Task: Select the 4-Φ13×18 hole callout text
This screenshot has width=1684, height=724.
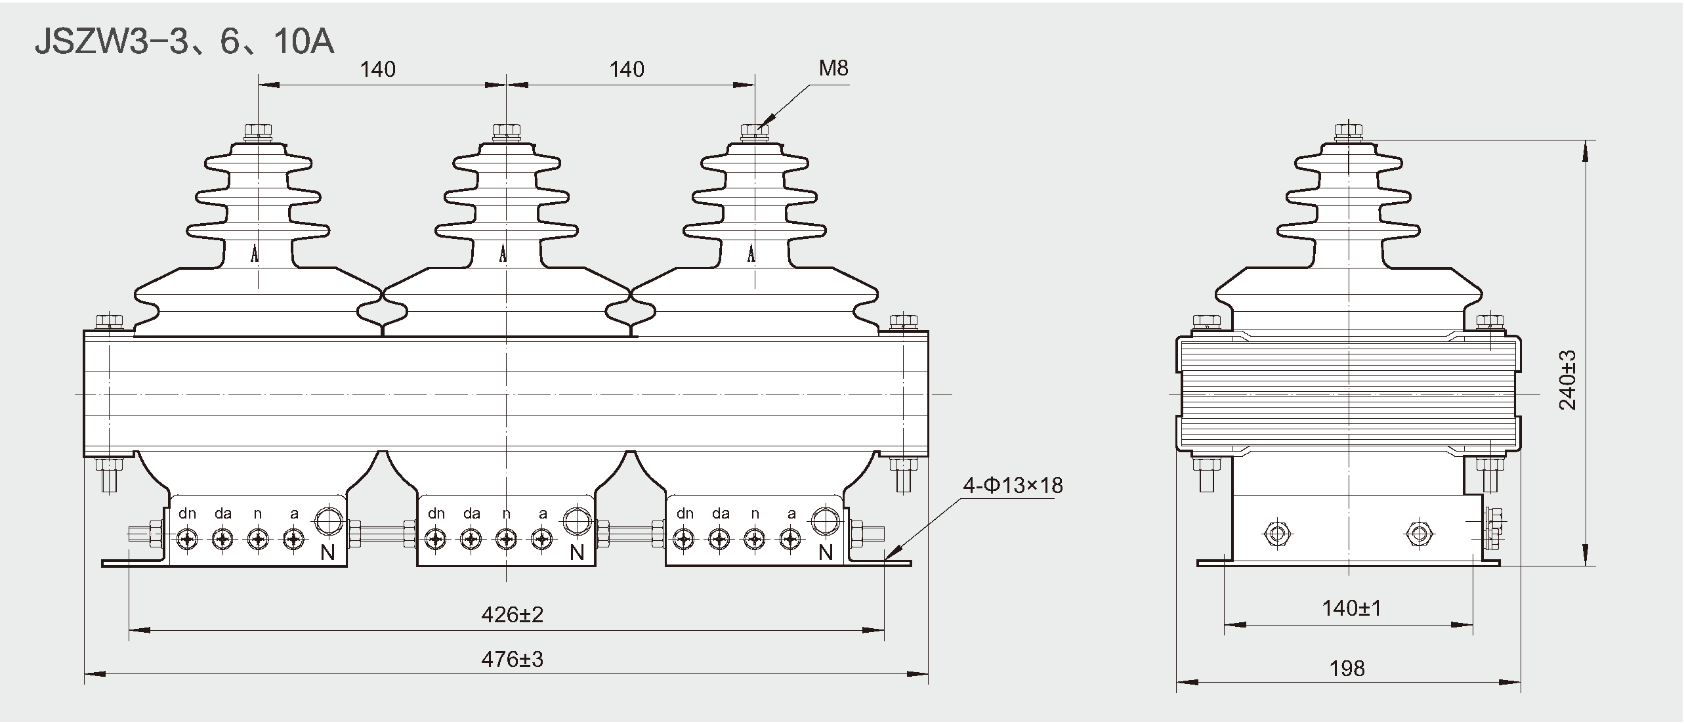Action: pyautogui.click(x=1013, y=485)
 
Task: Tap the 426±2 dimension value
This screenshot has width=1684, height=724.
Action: pyautogui.click(x=512, y=614)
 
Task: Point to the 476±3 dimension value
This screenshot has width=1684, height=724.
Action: pyautogui.click(x=512, y=659)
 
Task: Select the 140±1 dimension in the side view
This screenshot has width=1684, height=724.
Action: pyautogui.click(x=1351, y=608)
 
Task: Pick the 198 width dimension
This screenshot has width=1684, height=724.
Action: pyautogui.click(x=1347, y=669)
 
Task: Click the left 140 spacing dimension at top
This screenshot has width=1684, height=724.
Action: pyautogui.click(x=377, y=69)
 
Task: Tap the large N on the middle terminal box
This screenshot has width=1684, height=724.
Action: pyautogui.click(x=577, y=553)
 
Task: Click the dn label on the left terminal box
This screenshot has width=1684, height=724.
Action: pyautogui.click(x=187, y=513)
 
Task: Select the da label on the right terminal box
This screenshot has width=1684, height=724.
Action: pyautogui.click(x=721, y=513)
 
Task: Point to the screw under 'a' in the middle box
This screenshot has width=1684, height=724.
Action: pyautogui.click(x=541, y=540)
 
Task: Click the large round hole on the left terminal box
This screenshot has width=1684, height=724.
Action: pyautogui.click(x=328, y=522)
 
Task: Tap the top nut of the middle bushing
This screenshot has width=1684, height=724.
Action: pyautogui.click(x=506, y=131)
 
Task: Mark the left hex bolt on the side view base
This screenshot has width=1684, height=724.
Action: pyautogui.click(x=1276, y=533)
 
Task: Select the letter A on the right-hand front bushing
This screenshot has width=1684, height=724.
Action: pyautogui.click(x=752, y=253)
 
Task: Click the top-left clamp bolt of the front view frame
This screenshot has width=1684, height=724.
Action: pyautogui.click(x=109, y=322)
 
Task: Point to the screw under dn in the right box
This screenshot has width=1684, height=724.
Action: pyautogui.click(x=684, y=540)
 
